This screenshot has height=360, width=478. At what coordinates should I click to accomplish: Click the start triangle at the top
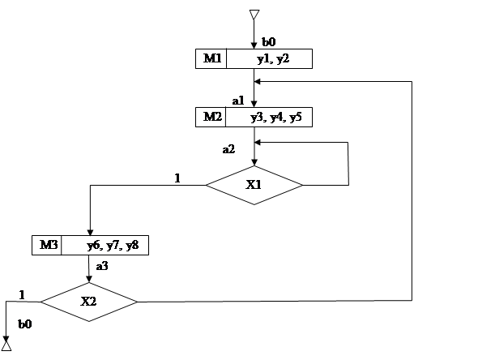[254, 15]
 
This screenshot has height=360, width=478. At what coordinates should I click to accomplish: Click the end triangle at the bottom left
[6, 345]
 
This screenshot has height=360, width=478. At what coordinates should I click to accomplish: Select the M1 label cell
[211, 58]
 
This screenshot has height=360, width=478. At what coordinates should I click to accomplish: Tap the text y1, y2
[273, 58]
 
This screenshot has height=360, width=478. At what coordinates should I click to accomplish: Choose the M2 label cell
[211, 117]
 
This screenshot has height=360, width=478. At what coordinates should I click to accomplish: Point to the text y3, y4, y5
[276, 117]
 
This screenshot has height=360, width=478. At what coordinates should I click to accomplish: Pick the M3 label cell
[47, 245]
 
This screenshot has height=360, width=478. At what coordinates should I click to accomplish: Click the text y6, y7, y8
[113, 246]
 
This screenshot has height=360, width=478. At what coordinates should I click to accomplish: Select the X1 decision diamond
[254, 185]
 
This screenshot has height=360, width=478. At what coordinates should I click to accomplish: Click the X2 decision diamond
[88, 302]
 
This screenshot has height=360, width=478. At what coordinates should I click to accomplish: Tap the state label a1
[238, 101]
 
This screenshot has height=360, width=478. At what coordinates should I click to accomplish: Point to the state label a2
[228, 149]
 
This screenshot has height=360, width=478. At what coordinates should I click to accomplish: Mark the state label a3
[102, 266]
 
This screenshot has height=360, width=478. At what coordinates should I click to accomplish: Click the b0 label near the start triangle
[268, 42]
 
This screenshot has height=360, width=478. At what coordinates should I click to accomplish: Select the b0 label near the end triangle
[25, 324]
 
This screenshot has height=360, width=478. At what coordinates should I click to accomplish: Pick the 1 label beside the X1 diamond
[177, 178]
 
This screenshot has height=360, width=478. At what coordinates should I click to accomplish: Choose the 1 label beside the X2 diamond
[22, 295]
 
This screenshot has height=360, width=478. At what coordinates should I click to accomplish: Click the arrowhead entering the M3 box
[90, 232]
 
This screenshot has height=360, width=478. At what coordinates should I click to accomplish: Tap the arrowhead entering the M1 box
[254, 45]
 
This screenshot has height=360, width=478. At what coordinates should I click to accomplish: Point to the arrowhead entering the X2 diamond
[88, 279]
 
